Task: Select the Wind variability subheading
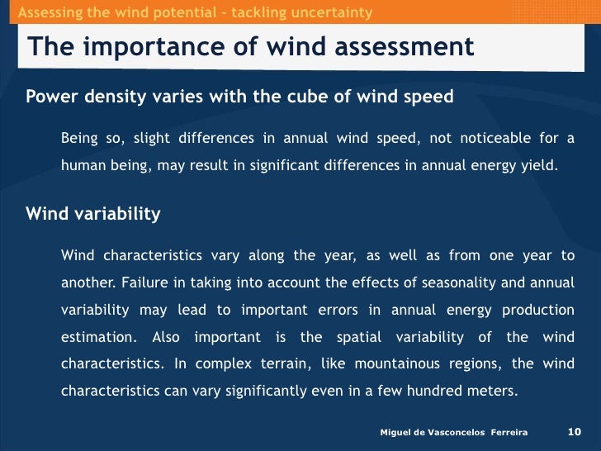click(x=93, y=214)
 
